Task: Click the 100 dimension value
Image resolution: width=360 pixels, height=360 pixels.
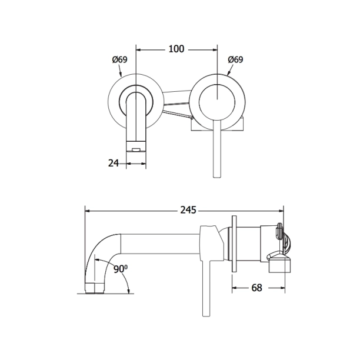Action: (x=176, y=49)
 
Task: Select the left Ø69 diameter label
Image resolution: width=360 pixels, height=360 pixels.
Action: (x=119, y=59)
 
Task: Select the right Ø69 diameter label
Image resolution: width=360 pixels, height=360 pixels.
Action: (x=235, y=59)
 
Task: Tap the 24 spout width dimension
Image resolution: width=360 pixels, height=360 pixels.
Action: (x=114, y=164)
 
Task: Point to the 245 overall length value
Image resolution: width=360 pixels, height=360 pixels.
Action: (x=188, y=210)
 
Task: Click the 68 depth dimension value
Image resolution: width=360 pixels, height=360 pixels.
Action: (x=256, y=288)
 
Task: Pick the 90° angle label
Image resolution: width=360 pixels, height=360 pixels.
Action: (x=121, y=269)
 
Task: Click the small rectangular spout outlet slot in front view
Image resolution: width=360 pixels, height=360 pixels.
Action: (x=136, y=150)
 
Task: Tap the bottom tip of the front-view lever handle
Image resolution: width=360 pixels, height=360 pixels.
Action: (x=217, y=177)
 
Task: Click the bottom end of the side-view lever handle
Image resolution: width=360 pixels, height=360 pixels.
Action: (x=206, y=316)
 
